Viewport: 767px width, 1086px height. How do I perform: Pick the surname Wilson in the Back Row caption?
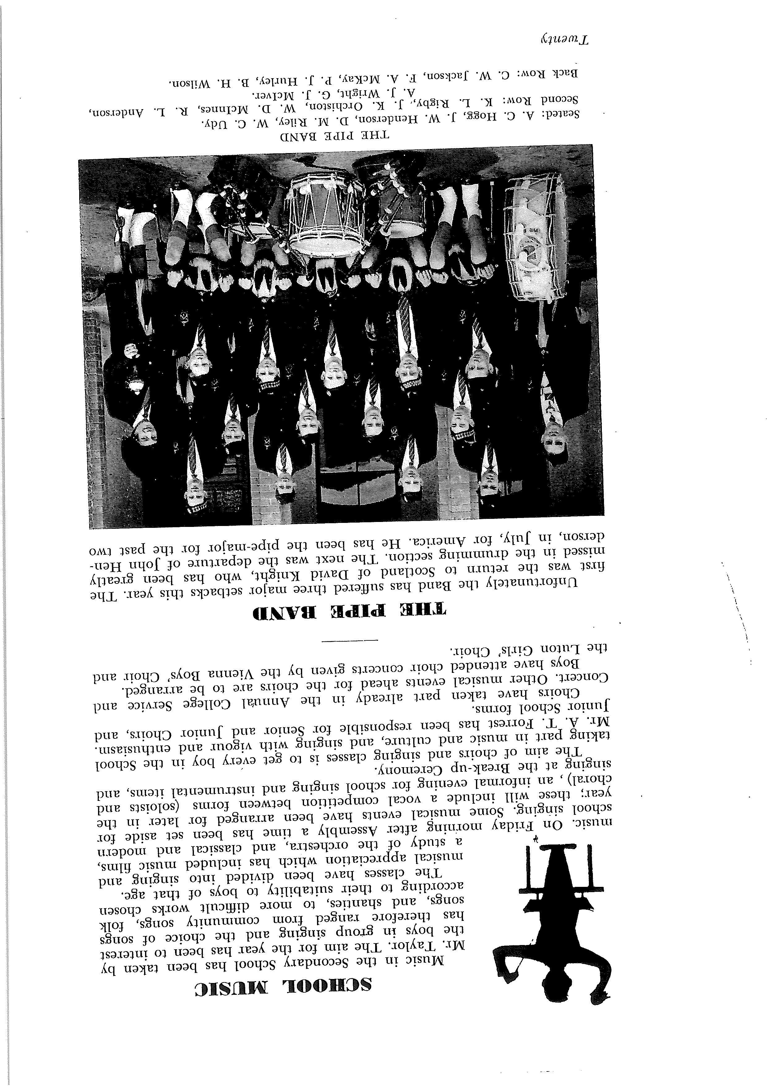coord(186,83)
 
